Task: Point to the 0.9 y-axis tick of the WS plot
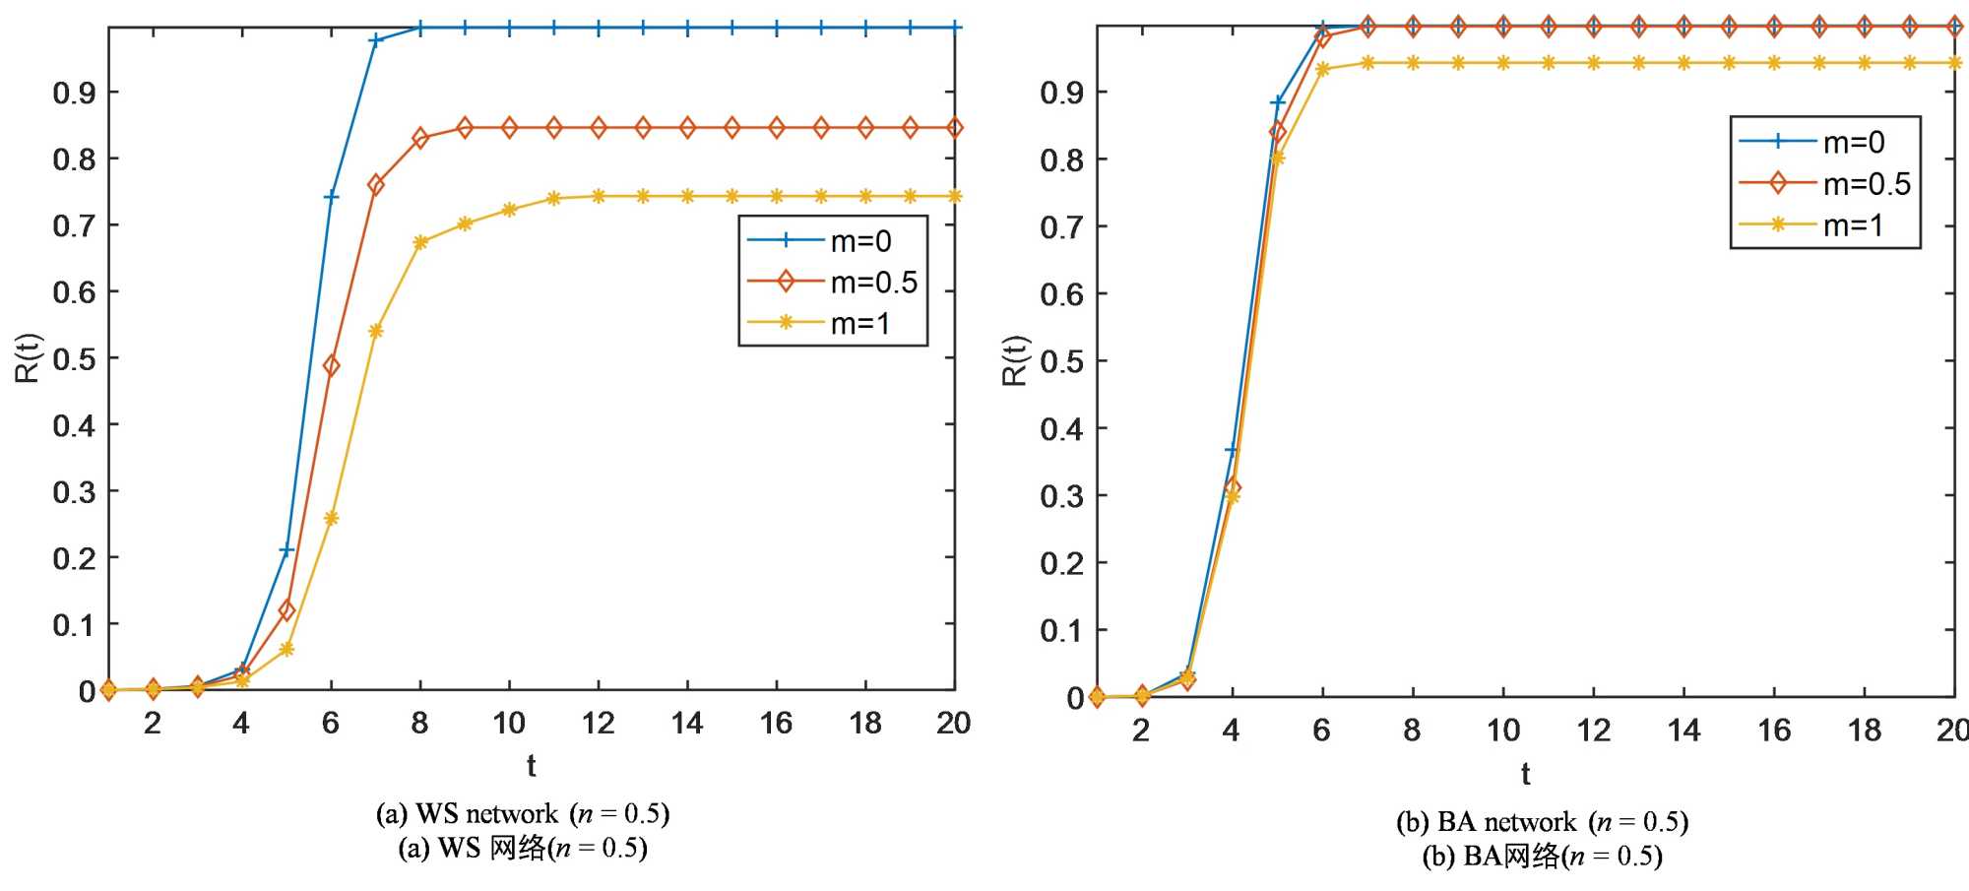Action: tap(74, 93)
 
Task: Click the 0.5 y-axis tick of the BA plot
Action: tap(1061, 361)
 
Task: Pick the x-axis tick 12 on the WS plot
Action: tap(598, 724)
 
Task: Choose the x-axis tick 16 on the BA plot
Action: tap(1774, 731)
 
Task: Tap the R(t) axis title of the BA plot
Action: tap(1015, 361)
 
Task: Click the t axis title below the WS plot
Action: tap(531, 765)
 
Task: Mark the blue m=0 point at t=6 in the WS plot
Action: tap(331, 197)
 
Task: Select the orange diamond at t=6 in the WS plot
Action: tap(331, 366)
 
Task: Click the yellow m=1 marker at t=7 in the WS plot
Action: tap(375, 331)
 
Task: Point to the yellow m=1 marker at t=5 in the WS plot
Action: tap(286, 649)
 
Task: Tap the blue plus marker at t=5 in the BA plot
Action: tap(1277, 102)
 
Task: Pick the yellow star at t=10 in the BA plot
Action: tap(1503, 63)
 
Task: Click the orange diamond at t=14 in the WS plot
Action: tap(687, 128)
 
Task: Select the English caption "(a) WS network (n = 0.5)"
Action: tap(523, 814)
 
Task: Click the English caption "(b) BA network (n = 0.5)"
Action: tap(1542, 822)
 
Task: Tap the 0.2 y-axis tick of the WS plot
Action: tap(74, 558)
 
